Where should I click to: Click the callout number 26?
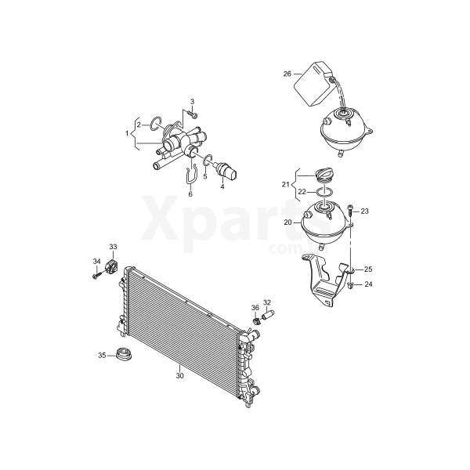point(287,74)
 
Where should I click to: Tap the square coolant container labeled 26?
point(313,83)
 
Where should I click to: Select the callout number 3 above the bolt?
point(193,101)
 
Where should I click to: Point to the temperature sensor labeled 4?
point(226,170)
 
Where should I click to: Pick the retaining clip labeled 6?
point(191,175)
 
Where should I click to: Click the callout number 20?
point(287,222)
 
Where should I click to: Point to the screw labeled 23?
point(350,211)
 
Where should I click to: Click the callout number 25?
point(368,269)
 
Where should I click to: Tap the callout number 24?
point(368,284)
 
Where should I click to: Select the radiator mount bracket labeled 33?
point(111,266)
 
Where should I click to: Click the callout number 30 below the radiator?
point(179,375)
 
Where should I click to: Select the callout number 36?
point(255,308)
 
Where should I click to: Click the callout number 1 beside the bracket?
point(127,133)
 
